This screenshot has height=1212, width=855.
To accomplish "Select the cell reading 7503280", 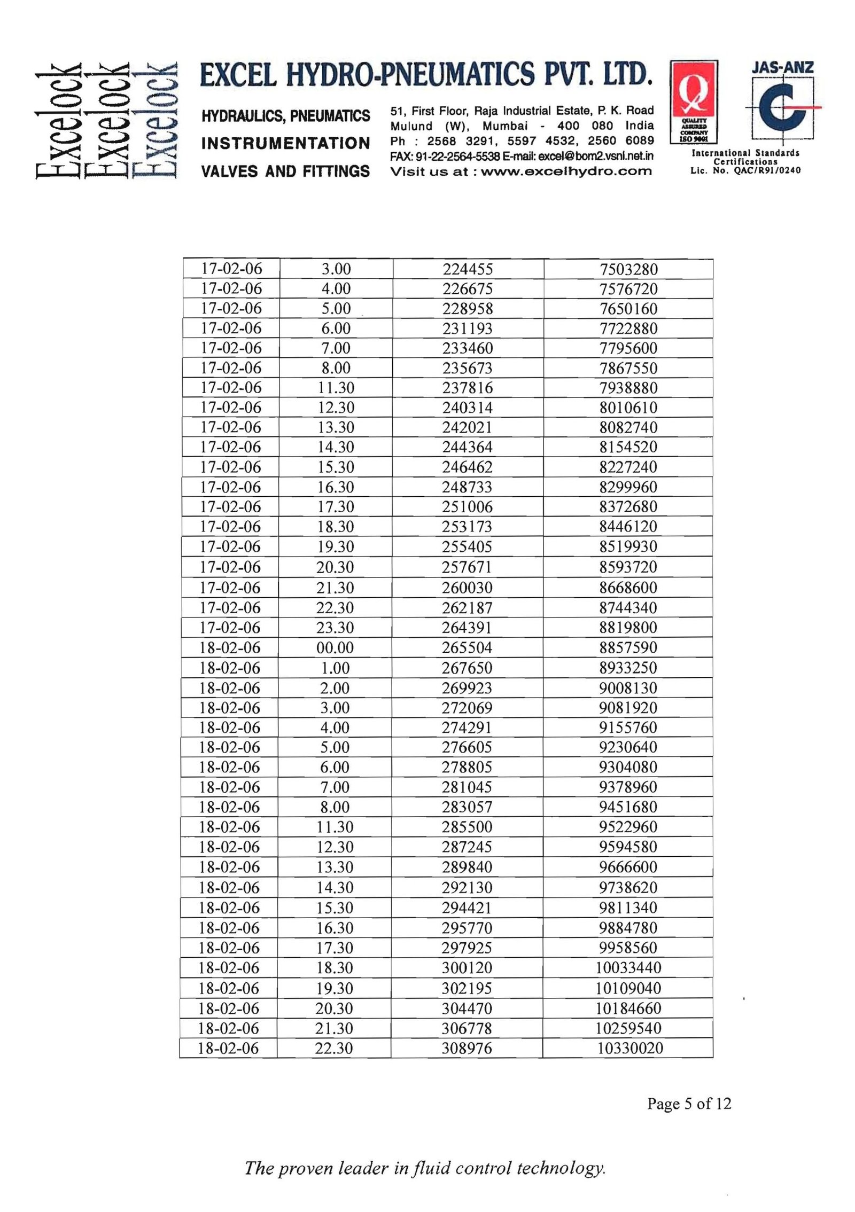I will [x=628, y=269].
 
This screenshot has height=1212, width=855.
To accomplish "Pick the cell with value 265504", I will [x=467, y=647].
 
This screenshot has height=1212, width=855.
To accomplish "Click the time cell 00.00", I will [x=335, y=647].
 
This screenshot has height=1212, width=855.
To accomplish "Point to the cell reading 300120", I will [x=467, y=967].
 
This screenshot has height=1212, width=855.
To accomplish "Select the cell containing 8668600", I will [x=628, y=588].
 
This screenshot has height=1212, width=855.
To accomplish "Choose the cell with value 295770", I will [x=467, y=928].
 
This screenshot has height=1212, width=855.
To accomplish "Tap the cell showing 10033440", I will [x=628, y=967].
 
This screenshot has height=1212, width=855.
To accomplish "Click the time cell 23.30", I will [x=335, y=627].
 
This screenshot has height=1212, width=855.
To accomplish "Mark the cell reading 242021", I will [x=467, y=427].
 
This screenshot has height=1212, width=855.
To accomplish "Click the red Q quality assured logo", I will [x=693, y=101].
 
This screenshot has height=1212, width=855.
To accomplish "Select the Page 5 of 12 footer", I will [x=689, y=1104].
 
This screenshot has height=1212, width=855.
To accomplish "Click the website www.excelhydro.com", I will [x=566, y=171].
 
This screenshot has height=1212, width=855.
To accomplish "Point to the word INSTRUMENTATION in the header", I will [x=286, y=143].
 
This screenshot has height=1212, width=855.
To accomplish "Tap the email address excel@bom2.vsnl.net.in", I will [x=596, y=157].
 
